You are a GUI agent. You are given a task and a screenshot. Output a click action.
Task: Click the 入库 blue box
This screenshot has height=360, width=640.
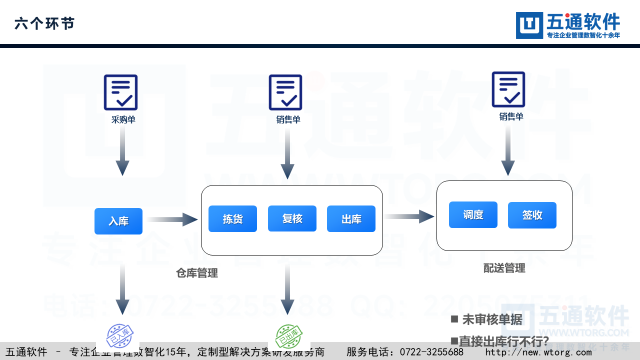118,221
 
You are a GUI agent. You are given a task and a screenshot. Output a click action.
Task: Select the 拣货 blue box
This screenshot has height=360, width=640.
232,218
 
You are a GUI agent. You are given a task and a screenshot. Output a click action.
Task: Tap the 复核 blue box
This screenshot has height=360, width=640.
292,218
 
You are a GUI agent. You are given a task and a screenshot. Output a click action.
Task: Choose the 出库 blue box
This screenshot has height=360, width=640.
351,218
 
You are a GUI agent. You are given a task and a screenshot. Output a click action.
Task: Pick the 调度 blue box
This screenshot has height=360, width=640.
473,214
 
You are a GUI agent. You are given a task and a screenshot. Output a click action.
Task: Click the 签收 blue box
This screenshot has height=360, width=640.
532,215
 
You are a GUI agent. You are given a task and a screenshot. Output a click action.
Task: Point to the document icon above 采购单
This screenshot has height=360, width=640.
120,92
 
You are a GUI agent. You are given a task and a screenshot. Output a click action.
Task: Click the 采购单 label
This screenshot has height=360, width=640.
123,120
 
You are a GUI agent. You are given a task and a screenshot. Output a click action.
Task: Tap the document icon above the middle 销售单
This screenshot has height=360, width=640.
285,92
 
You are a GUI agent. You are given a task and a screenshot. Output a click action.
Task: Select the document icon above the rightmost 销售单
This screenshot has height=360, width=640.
508,89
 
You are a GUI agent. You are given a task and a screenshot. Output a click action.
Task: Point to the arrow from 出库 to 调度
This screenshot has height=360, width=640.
408,216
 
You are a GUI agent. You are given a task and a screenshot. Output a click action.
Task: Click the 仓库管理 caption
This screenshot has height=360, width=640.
197,273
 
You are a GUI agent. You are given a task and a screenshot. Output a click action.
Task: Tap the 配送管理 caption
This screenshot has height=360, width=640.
504,268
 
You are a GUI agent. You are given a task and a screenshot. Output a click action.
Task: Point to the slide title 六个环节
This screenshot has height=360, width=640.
44,23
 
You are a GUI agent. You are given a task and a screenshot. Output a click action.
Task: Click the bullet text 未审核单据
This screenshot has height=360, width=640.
492,319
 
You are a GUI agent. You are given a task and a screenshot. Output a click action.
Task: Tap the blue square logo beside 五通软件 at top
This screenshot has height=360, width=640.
529,25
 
